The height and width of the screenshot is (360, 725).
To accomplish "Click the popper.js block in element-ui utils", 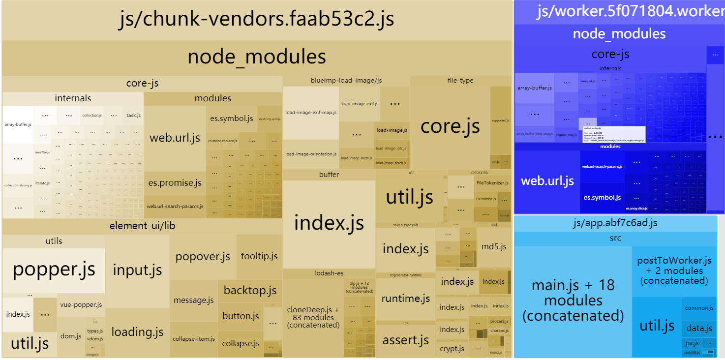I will pos(54,270).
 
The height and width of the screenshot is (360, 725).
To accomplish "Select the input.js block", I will pos(137,270).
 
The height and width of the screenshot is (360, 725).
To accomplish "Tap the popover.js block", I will pos(203,257).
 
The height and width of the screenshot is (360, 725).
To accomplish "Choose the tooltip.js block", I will pos(259,256).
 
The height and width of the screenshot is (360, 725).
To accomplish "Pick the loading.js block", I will pos(137,332).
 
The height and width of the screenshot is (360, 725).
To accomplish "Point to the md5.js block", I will pos(493,246).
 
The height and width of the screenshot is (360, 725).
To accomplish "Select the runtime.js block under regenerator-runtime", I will pos(406,299).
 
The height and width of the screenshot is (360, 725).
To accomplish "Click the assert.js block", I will pos(406,340).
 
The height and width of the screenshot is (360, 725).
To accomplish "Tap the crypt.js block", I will pos(452,349).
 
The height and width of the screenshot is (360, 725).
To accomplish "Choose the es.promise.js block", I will pos(175,183).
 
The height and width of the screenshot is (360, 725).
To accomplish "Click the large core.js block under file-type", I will pos(450,127).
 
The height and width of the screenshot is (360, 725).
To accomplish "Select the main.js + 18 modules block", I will pos(573,300).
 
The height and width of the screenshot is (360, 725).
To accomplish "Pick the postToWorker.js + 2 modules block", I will pos(674,270).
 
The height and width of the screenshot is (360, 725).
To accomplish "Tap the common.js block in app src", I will pos(699,308).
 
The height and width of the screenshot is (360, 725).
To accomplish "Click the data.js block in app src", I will pos(699,328).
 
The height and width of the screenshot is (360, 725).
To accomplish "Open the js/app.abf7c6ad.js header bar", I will pos(615,223).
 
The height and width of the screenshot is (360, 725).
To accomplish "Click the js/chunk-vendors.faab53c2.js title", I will pos(256,20).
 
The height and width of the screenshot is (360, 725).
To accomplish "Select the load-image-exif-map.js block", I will pos(311,113).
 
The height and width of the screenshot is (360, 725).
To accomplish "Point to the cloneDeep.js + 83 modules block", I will pos(313,317).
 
